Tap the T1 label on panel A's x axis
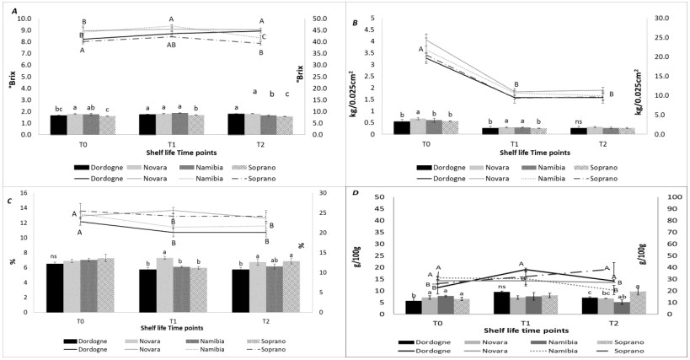[x=170, y=143]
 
